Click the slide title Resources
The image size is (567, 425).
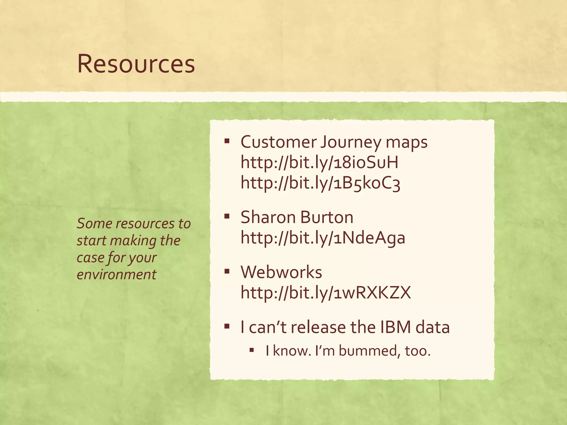coord(136,64)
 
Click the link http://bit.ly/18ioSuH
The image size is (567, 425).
coord(319,162)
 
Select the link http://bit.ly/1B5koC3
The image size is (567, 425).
coord(320,183)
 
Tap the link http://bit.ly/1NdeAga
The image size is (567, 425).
coord(323,238)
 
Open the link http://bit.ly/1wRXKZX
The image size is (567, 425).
coord(326,292)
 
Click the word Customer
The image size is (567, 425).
coord(279,142)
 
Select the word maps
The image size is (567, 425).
coord(406,142)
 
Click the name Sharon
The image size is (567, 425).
coord(268,217)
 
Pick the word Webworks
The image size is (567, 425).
coord(281,272)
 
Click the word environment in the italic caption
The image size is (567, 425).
coord(117,274)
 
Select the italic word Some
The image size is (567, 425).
coord(94,224)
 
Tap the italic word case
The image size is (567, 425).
coord(90,258)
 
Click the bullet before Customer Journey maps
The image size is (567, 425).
coord(227,141)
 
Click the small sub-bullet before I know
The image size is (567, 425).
coord(251,350)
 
